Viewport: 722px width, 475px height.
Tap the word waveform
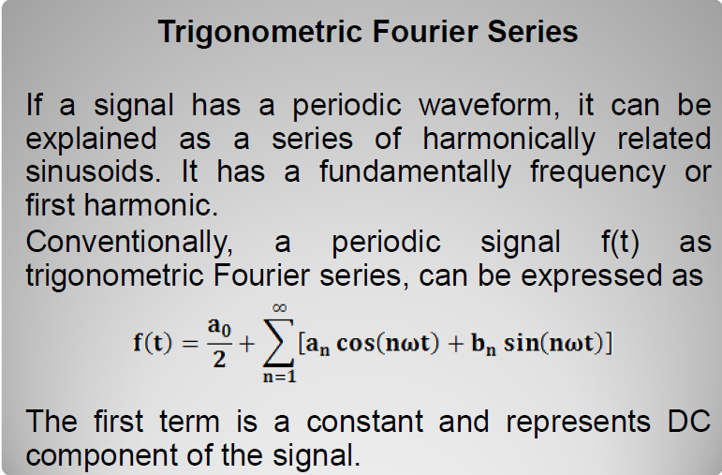(x=489, y=105)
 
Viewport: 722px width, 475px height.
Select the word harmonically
(x=508, y=140)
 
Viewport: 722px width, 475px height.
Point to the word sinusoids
(x=93, y=171)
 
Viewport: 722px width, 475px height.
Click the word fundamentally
(x=415, y=172)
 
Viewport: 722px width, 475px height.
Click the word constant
(x=364, y=421)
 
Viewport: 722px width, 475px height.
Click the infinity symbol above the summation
(x=279, y=307)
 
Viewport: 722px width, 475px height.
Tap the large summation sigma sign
(x=278, y=342)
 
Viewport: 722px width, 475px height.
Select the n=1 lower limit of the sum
(x=279, y=377)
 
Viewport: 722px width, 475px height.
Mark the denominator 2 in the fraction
(x=219, y=359)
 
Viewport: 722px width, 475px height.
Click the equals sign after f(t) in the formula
(x=190, y=344)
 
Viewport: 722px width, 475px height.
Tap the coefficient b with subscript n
(x=483, y=344)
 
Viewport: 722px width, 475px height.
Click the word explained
(x=91, y=140)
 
